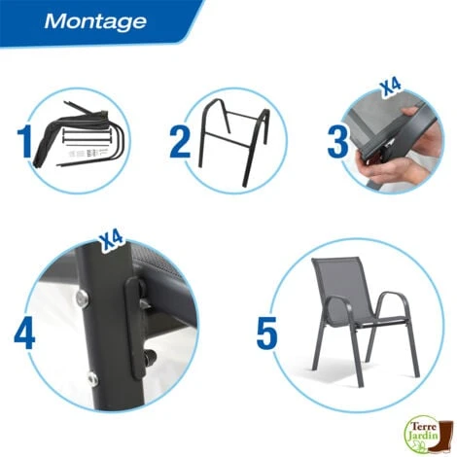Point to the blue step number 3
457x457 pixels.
[x=337, y=142]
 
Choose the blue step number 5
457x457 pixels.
[x=266, y=334]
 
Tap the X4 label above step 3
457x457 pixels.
[x=390, y=88]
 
